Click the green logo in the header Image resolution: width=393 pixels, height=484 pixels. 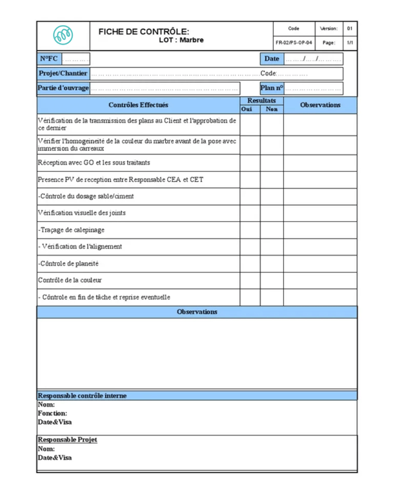[63, 35]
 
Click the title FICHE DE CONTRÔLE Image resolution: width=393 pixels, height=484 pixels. [144, 31]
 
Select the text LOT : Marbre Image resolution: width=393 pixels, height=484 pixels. [181, 40]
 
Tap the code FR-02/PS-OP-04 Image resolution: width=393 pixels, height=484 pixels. [294, 43]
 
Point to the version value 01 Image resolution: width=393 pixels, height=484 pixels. [349, 28]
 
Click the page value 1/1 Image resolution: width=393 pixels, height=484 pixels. [349, 43]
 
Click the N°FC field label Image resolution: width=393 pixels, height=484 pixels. [49, 59]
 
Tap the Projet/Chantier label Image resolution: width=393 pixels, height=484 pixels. [63, 74]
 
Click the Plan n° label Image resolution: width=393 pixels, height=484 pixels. [272, 88]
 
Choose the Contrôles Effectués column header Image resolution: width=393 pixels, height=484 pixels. [138, 105]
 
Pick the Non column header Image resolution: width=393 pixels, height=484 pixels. [272, 109]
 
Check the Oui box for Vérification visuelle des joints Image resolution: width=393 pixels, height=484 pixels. [250, 213]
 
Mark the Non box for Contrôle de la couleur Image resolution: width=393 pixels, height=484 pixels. [272, 280]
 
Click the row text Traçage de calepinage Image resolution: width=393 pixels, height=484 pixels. [71, 230]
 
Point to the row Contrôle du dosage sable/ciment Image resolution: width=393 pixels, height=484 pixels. [86, 196]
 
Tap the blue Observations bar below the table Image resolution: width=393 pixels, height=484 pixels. [197, 312]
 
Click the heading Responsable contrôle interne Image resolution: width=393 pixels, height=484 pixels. [82, 396]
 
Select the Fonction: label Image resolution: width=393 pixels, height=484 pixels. [52, 413]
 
